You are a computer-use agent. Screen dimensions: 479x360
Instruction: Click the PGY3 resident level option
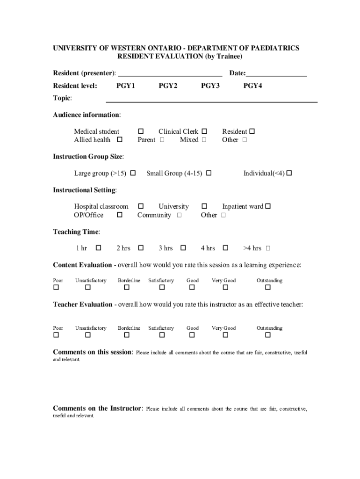[x=210, y=86]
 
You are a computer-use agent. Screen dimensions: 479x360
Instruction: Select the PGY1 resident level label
[x=126, y=86]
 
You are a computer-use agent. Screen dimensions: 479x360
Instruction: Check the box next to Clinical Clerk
[x=204, y=132]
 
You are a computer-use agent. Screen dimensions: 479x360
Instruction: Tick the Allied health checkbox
[x=120, y=140]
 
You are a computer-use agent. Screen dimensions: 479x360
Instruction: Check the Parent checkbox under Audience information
[x=162, y=140]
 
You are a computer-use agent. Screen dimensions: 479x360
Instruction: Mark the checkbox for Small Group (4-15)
[x=209, y=174]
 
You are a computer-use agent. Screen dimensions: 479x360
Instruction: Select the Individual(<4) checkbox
[x=289, y=174]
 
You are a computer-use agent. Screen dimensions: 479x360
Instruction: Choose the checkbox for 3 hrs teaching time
[x=183, y=248]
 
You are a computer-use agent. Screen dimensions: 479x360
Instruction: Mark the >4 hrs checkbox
[x=268, y=248]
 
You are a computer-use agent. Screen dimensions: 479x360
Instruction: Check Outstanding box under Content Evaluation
[x=268, y=288]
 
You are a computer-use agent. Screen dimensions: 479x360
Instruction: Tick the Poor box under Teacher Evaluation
[x=56, y=335]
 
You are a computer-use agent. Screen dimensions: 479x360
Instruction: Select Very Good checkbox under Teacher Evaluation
[x=225, y=335]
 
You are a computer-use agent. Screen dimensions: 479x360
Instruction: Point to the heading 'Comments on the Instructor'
[x=97, y=408]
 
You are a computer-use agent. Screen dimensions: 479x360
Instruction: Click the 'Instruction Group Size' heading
[x=88, y=156]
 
